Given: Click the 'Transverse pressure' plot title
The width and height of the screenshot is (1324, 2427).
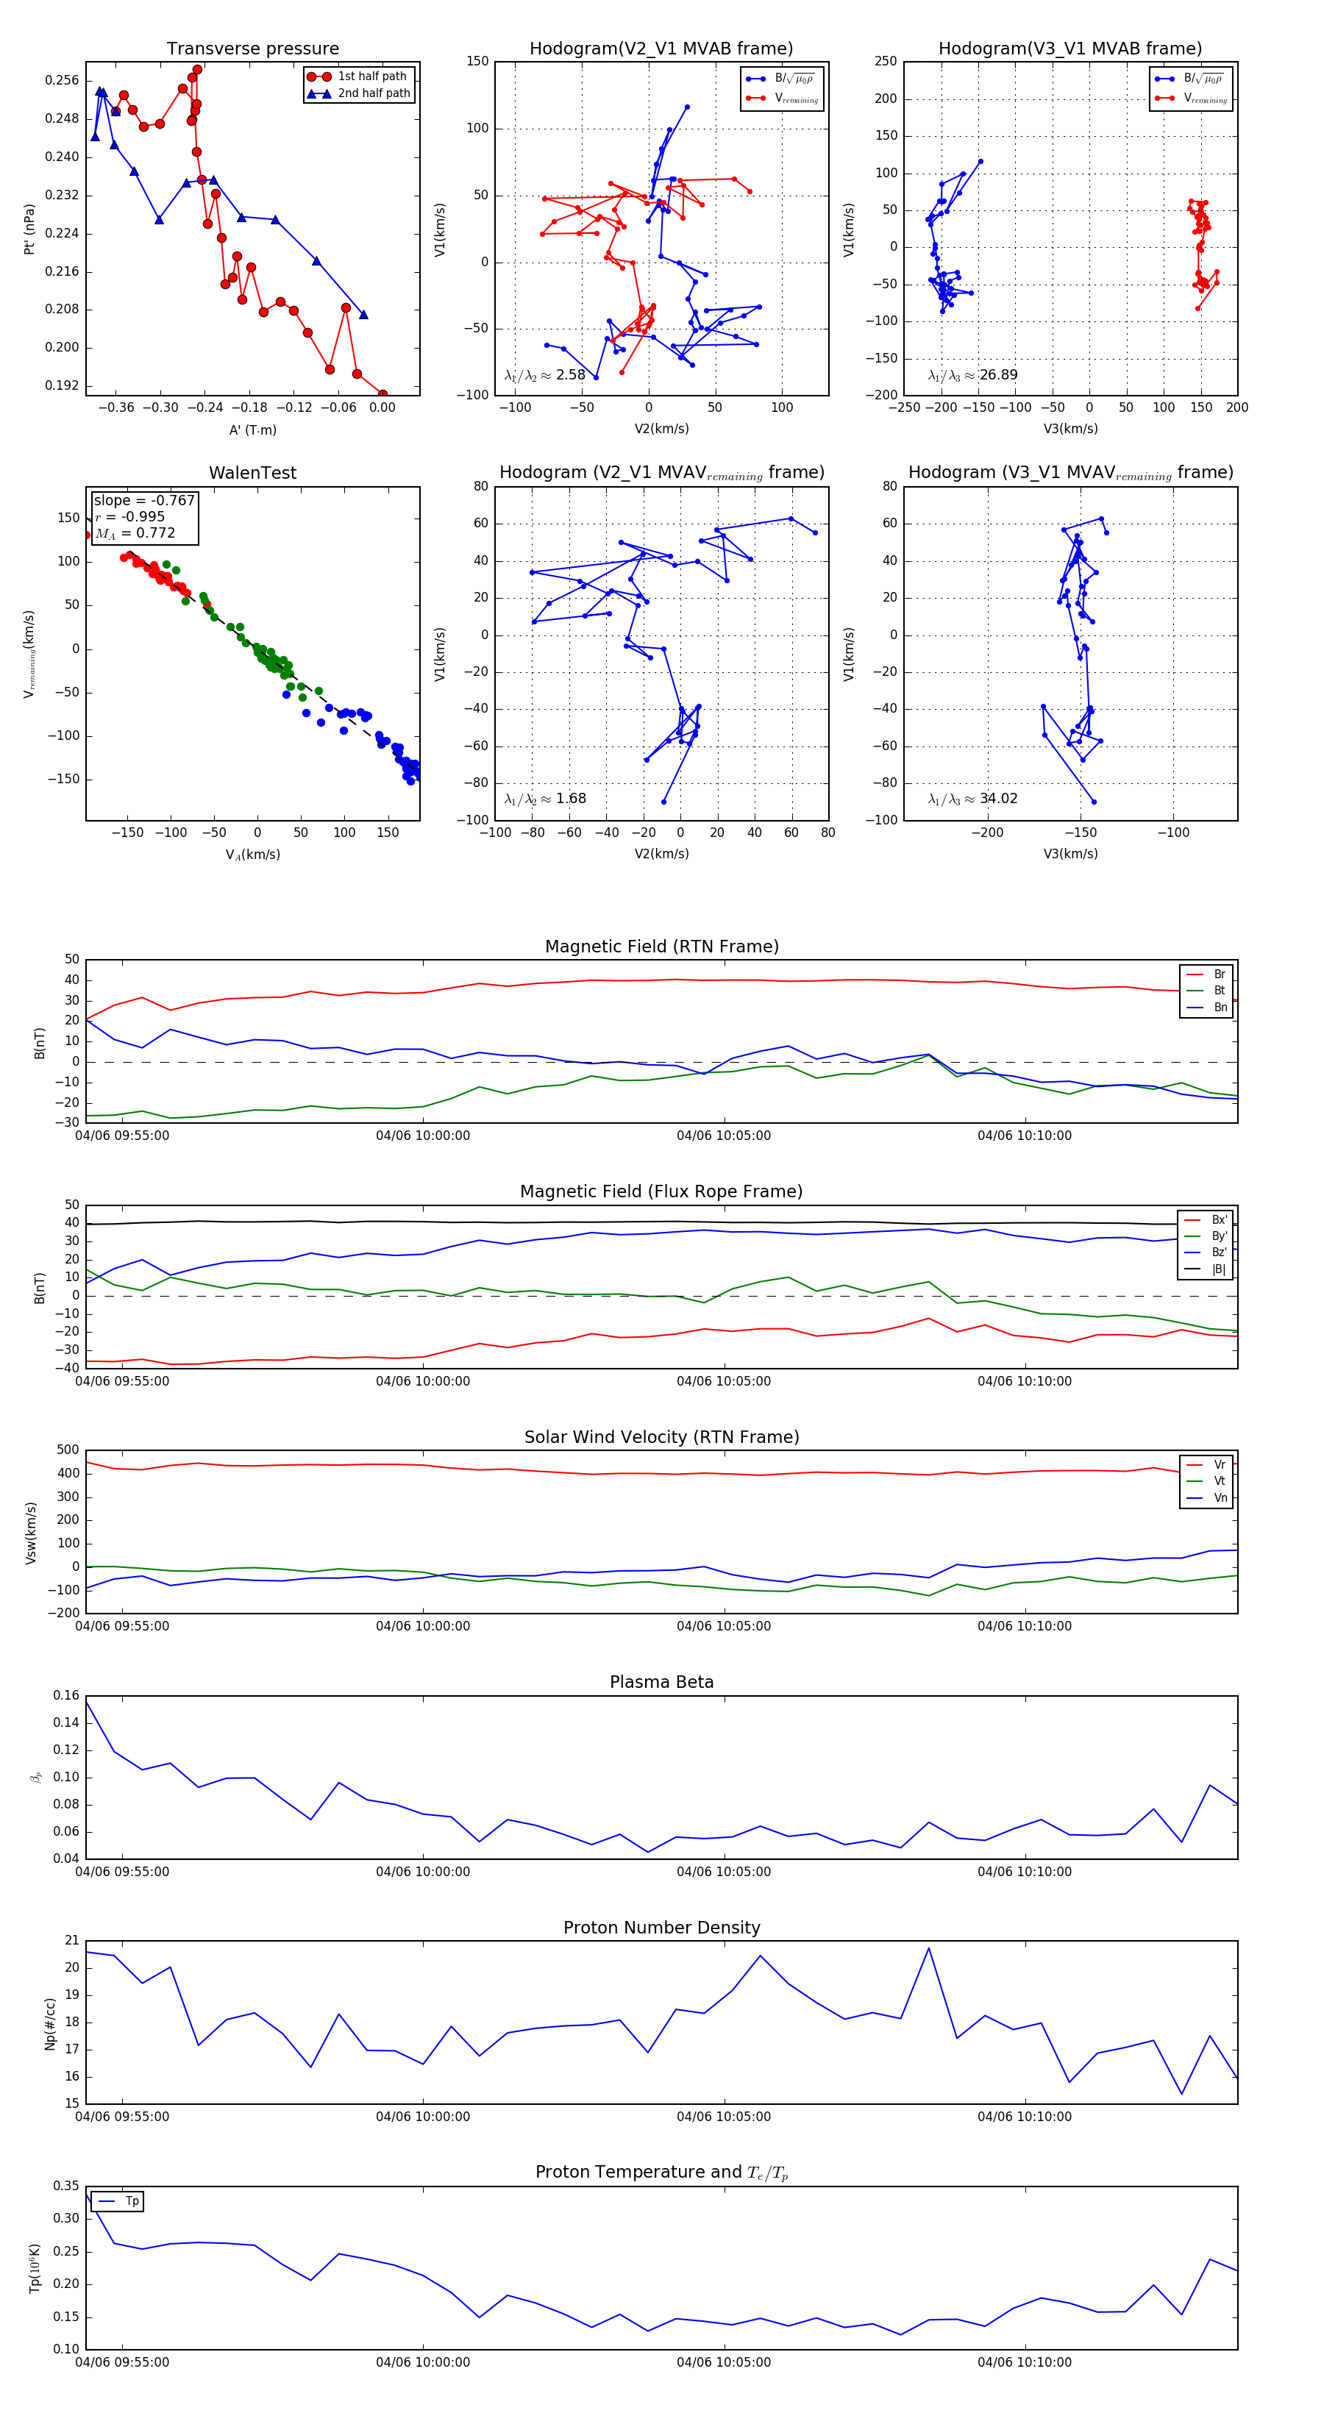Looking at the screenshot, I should pyautogui.click(x=252, y=49).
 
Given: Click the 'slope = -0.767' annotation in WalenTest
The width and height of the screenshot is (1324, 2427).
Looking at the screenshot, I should pyautogui.click(x=144, y=500).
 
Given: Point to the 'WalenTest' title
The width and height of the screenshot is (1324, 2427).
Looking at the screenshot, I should pyautogui.click(x=252, y=473).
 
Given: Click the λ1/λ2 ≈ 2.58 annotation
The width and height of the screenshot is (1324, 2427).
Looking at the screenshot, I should pyautogui.click(x=544, y=375).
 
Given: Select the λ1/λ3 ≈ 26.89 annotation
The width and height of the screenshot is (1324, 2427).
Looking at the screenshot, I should pyautogui.click(x=972, y=375).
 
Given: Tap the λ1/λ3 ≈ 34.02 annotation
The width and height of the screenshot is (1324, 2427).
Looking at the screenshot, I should pyautogui.click(x=972, y=799).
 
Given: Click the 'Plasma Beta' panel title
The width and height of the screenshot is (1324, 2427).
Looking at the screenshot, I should pyautogui.click(x=661, y=1683).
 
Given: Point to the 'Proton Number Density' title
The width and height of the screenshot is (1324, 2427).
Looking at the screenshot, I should pyautogui.click(x=661, y=1928).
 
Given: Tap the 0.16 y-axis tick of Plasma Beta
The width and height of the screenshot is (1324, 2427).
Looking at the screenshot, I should pyautogui.click(x=66, y=1696).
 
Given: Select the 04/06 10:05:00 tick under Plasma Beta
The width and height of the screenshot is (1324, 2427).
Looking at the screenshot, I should pyautogui.click(x=723, y=1872).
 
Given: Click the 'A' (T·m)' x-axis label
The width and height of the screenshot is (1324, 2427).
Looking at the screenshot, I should pyautogui.click(x=252, y=430).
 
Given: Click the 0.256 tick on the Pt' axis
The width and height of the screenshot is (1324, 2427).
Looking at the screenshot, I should pyautogui.click(x=63, y=81).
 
